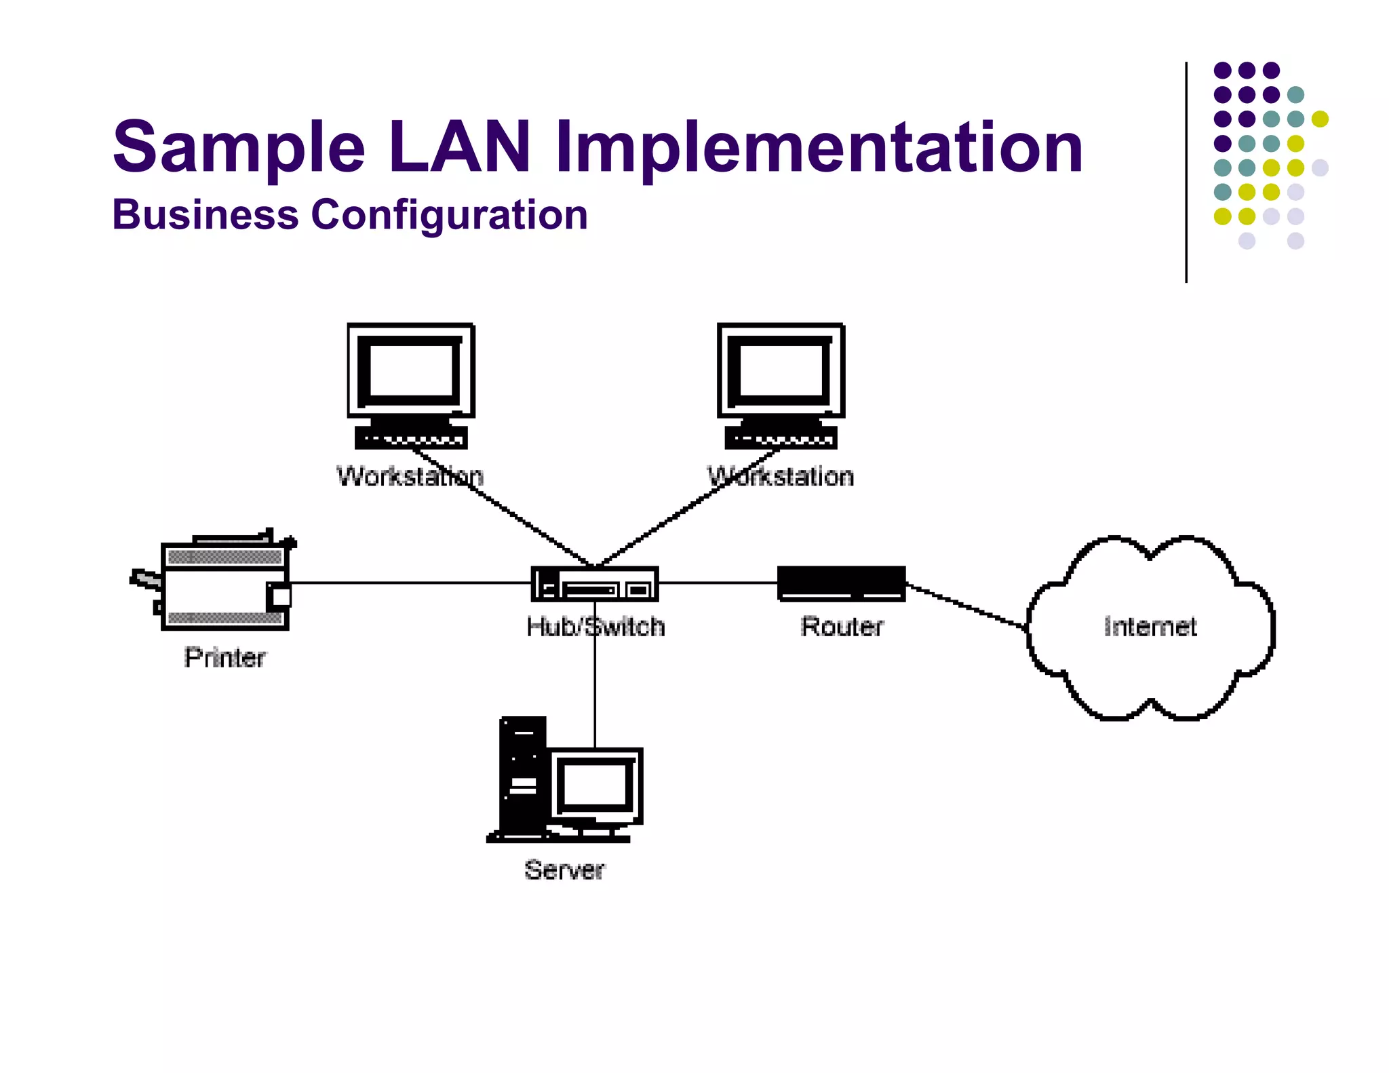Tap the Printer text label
(x=224, y=657)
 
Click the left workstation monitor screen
(x=410, y=370)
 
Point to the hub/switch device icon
(x=594, y=584)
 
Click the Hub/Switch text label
(x=595, y=627)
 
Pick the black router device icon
(x=841, y=583)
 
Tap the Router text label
(x=842, y=627)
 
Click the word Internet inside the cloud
(x=1150, y=627)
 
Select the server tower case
(x=522, y=777)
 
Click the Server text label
(x=564, y=870)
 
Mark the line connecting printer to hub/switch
(x=407, y=583)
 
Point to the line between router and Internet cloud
(x=966, y=606)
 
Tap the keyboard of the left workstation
(x=411, y=437)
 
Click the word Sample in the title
(x=239, y=147)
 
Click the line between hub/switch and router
(x=718, y=583)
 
